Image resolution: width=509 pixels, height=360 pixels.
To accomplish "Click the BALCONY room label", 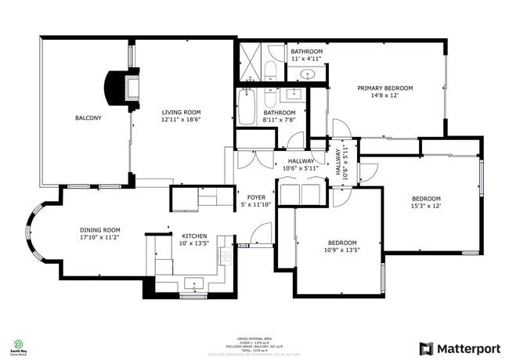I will click(x=88, y=118).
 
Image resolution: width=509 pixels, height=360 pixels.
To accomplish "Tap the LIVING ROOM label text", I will click(x=181, y=113).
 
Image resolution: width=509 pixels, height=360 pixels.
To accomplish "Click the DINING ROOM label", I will click(x=99, y=230).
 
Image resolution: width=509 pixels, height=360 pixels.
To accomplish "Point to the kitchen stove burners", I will click(x=226, y=254).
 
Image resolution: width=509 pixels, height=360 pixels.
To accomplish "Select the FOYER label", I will click(x=257, y=197).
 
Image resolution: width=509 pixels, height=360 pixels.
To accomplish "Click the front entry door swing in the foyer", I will click(x=261, y=232).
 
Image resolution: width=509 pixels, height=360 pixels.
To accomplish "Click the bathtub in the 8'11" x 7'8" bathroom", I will click(x=247, y=108).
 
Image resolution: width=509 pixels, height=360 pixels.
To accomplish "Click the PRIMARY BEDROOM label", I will click(x=384, y=88).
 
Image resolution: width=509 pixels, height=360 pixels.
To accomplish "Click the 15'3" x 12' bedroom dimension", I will click(x=426, y=207).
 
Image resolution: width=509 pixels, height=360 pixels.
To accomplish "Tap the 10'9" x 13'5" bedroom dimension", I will click(x=342, y=251).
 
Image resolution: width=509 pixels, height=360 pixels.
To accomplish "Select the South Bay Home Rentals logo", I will click(x=18, y=346).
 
